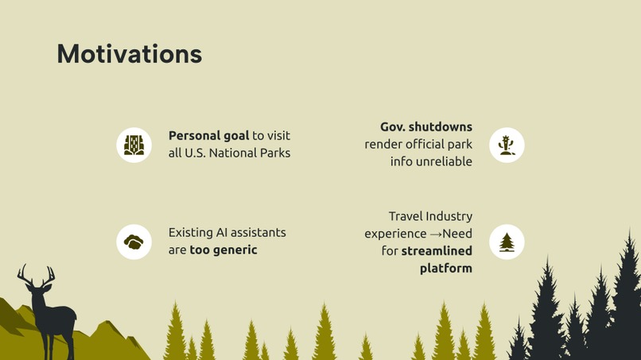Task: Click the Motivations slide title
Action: coord(129,54)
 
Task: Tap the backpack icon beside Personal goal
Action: coord(134,145)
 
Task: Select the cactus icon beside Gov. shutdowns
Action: coord(507,145)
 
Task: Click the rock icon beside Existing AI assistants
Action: coord(134,242)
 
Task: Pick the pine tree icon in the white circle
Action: coord(507,242)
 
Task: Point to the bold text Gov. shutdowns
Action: coord(425,127)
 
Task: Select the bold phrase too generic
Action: coord(223,250)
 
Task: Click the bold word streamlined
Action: coord(437,251)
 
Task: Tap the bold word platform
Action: coord(445,268)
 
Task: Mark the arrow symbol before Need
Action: coord(436,234)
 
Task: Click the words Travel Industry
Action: coord(430,216)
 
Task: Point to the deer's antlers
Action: coord(37,276)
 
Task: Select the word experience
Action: coord(395,234)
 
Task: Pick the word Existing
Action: coord(190,232)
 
